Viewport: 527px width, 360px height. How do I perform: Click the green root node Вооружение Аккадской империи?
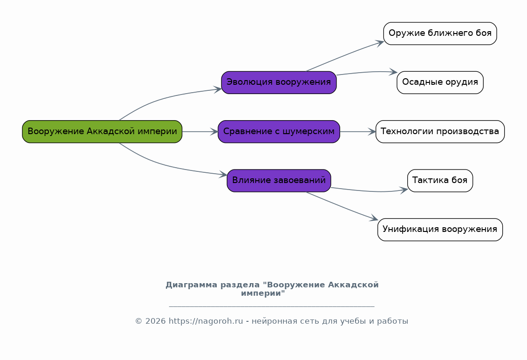pyautogui.click(x=102, y=132)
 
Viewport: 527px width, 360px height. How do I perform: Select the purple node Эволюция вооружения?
pyautogui.click(x=279, y=82)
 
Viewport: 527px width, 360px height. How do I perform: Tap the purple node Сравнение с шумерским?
pyautogui.click(x=279, y=132)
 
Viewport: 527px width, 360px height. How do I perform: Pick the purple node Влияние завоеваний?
pyautogui.click(x=279, y=181)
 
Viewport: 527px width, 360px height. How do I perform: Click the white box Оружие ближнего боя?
pyautogui.click(x=440, y=34)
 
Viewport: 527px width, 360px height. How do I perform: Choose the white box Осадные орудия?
pyautogui.click(x=440, y=82)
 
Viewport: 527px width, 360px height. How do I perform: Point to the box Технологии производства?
pyautogui.click(x=440, y=132)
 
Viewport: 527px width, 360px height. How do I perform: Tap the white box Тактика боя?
pyautogui.click(x=440, y=181)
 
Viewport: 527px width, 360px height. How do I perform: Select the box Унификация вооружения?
pyautogui.click(x=440, y=230)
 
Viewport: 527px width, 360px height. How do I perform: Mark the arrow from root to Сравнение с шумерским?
pyautogui.click(x=200, y=132)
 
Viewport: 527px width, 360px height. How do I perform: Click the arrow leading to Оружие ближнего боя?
pyautogui.click(x=345, y=55)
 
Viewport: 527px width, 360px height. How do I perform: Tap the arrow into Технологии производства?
pyautogui.click(x=358, y=132)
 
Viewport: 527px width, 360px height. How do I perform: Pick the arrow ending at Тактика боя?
pyautogui.click(x=370, y=191)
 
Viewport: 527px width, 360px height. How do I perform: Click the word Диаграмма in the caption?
pyautogui.click(x=191, y=285)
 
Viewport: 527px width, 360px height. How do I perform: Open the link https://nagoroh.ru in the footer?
pyautogui.click(x=205, y=321)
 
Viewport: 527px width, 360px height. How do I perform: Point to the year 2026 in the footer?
pyautogui.click(x=156, y=321)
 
